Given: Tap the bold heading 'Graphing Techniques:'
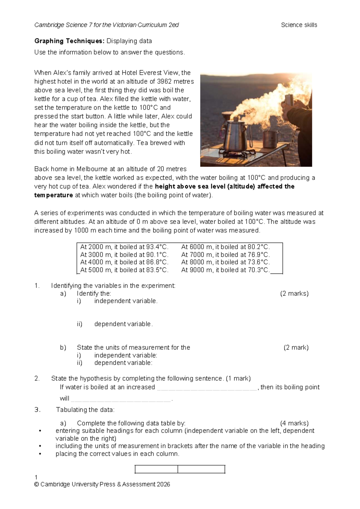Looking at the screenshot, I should pyautogui.click(x=69, y=41).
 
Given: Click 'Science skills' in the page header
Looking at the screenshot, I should pyautogui.click(x=299, y=25).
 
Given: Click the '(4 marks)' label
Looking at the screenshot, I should pyautogui.click(x=294, y=423).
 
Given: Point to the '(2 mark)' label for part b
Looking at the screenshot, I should pyautogui.click(x=296, y=348).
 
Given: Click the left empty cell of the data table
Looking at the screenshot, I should pyautogui.click(x=156, y=469).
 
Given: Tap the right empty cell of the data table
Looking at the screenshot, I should pyautogui.click(x=201, y=469).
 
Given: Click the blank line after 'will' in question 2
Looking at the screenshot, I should pyautogui.click(x=121, y=399).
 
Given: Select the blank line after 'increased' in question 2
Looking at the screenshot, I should pyautogui.click(x=207, y=387).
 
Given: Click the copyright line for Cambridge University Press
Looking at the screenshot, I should pyautogui.click(x=102, y=484).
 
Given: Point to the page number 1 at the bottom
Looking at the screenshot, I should pyautogui.click(x=36, y=477).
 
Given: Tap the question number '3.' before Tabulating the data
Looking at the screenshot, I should pyautogui.click(x=37, y=410).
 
